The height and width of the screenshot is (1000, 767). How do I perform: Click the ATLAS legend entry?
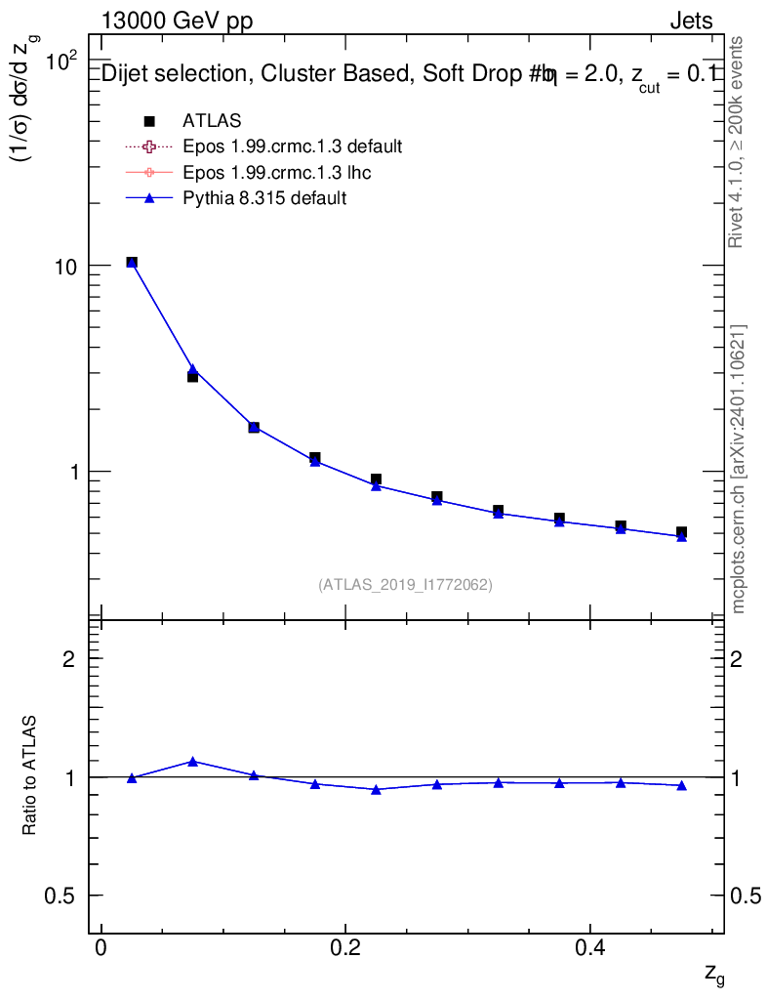pyautogui.click(x=212, y=121)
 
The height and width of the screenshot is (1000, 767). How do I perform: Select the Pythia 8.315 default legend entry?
pyautogui.click(x=264, y=198)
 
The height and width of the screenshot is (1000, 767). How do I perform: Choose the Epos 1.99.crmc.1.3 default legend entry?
pyautogui.click(x=292, y=147)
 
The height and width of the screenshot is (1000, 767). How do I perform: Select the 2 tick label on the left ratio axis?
pyautogui.click(x=68, y=659)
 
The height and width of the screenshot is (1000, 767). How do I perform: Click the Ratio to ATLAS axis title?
pyautogui.click(x=30, y=775)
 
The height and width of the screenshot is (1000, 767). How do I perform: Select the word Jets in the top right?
pyautogui.click(x=690, y=21)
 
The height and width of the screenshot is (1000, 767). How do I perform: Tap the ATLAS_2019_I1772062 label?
pyautogui.click(x=405, y=585)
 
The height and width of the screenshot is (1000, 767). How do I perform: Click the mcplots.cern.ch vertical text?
pyautogui.click(x=739, y=469)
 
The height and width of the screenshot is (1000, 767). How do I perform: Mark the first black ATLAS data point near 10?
pyautogui.click(x=132, y=263)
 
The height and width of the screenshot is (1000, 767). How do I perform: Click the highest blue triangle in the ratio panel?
pyautogui.click(x=192, y=762)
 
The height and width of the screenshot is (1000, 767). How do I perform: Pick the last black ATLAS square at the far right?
pyautogui.click(x=681, y=532)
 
